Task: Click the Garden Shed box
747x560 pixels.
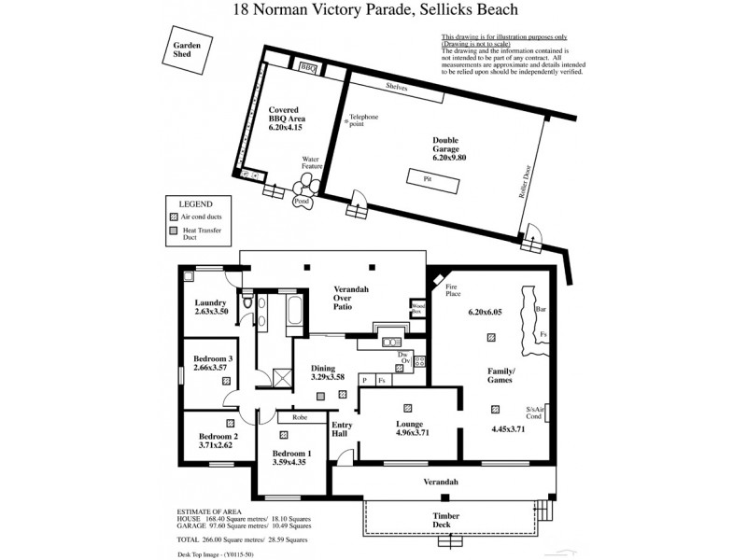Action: click(x=182, y=49)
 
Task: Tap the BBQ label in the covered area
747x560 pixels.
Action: click(x=308, y=68)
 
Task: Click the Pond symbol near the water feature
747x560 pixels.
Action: click(x=302, y=201)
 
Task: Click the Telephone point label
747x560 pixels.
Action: click(x=364, y=120)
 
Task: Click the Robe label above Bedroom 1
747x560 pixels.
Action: click(x=300, y=417)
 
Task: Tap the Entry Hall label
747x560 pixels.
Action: click(x=343, y=430)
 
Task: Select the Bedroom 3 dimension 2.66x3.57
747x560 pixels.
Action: click(x=213, y=368)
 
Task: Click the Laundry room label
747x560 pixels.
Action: click(x=211, y=302)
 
